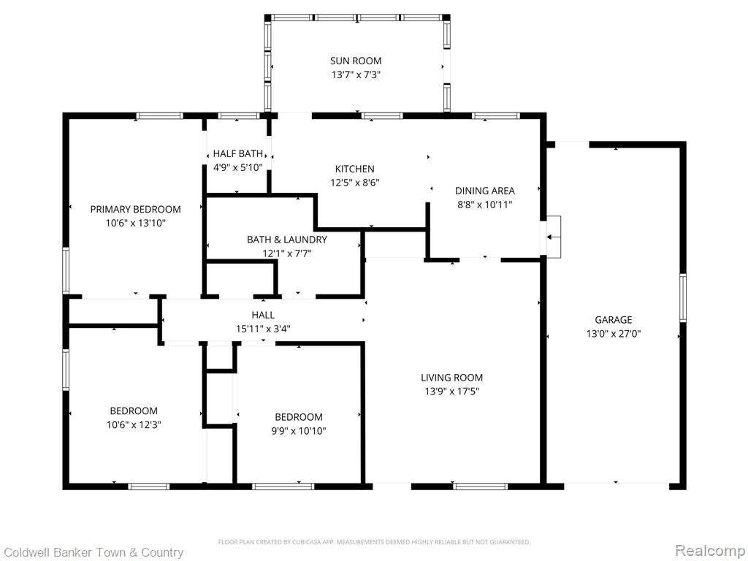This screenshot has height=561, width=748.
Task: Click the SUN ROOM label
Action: (356, 61)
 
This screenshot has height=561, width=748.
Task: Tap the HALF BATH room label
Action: (237, 153)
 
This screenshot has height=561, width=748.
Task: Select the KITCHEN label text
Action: (354, 169)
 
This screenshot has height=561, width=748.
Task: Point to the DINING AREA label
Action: (485, 191)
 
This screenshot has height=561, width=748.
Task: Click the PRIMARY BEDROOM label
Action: (135, 209)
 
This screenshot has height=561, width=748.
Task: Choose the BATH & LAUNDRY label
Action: (286, 240)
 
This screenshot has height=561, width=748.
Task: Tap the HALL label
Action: (263, 315)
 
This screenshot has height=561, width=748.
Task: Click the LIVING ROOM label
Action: (451, 378)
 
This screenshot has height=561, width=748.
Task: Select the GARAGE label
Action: (613, 320)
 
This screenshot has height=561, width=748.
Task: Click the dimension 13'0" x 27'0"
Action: (613, 333)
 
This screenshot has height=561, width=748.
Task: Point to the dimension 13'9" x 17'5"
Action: (451, 392)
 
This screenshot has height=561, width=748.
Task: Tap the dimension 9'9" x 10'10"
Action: (299, 431)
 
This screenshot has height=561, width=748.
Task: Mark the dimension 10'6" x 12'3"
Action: (134, 424)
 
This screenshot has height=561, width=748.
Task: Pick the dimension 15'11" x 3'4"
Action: (263, 329)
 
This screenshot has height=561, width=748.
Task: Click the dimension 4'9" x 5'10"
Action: (237, 167)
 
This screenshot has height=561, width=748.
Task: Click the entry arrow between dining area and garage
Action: (554, 237)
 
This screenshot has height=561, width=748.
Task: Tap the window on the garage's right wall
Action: (683, 298)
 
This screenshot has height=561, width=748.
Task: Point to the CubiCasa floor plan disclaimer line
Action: (374, 542)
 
